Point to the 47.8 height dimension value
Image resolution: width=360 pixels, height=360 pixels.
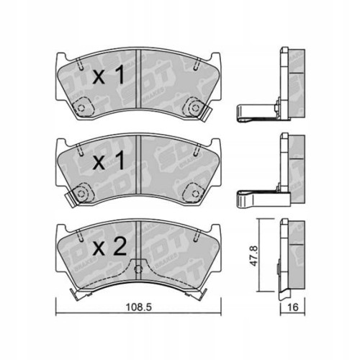tap(253, 254)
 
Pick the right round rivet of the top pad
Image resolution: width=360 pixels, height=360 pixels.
tap(193, 108)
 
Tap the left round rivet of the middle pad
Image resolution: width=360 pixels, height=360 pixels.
tap(80, 194)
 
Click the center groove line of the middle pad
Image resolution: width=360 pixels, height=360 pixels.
tap(136, 169)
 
